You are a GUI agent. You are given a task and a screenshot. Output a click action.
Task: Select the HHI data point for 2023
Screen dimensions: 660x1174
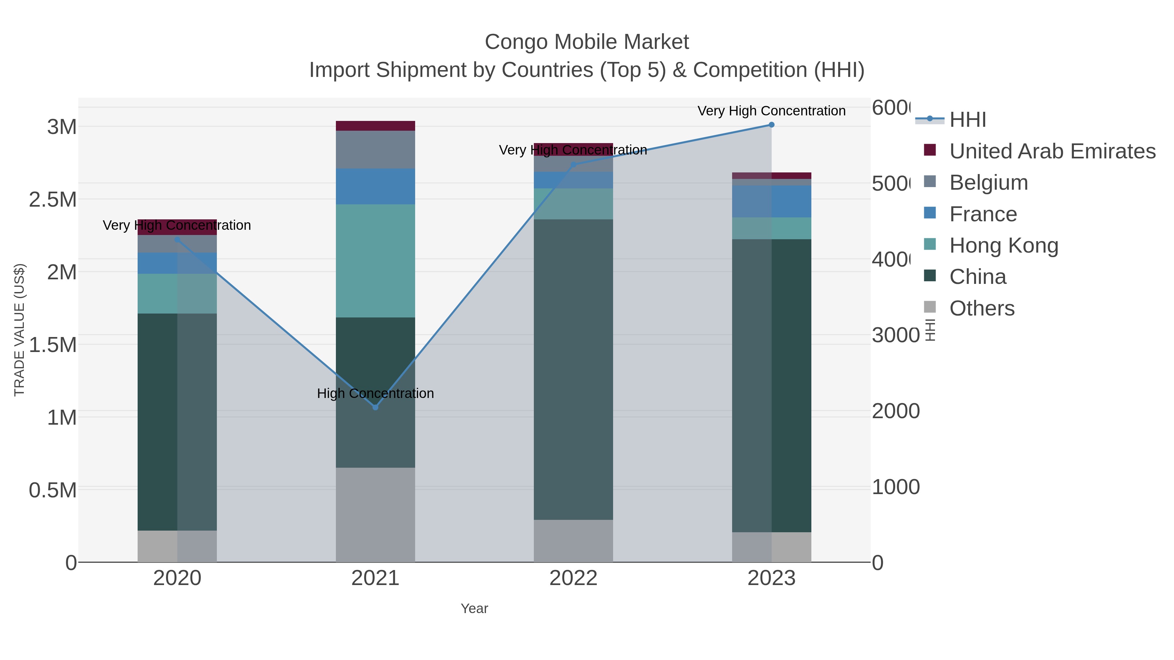tap(771, 125)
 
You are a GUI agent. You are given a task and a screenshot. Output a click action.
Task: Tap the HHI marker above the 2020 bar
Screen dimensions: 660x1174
tap(177, 240)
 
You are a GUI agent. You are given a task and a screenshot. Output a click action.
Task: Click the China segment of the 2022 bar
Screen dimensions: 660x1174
tap(573, 369)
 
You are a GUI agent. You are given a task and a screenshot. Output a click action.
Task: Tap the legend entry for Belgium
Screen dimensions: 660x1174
tap(988, 183)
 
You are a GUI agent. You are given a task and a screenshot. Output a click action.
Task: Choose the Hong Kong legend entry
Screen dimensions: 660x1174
tap(1003, 245)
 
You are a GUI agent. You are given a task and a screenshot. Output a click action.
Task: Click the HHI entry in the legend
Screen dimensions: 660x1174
tap(967, 120)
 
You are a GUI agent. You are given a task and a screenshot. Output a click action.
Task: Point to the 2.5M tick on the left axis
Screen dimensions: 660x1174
tap(53, 199)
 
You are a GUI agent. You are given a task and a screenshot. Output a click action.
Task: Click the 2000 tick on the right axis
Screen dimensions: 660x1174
tap(895, 411)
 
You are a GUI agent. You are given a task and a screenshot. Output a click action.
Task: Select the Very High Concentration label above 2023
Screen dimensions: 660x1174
tap(771, 111)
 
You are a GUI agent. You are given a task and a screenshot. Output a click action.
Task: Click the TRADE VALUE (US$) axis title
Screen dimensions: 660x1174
tap(19, 330)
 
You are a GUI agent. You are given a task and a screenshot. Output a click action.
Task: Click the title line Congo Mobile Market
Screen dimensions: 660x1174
tap(587, 42)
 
